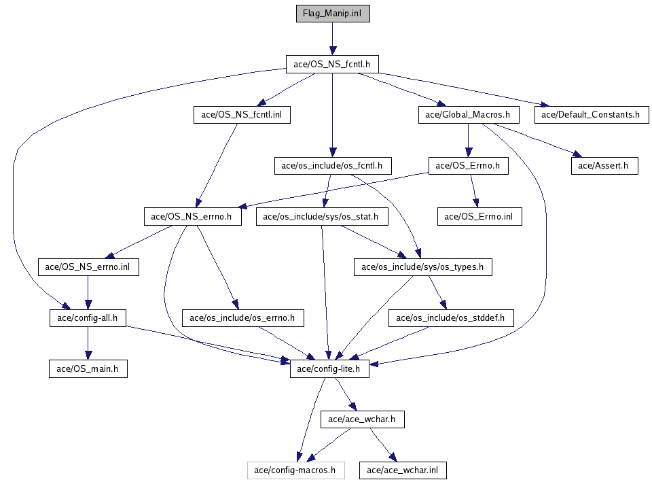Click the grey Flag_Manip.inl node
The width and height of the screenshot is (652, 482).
(332, 14)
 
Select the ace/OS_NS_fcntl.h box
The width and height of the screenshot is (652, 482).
(332, 65)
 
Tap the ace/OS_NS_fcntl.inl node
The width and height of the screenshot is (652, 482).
(242, 115)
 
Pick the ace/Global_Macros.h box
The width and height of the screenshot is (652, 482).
(468, 115)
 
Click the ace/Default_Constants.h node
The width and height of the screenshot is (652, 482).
(591, 115)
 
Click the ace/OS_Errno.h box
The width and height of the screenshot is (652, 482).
(468, 165)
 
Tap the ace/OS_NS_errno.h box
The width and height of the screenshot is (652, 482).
(192, 217)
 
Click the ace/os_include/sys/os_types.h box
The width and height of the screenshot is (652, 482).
(422, 267)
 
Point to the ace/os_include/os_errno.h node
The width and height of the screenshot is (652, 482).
(242, 317)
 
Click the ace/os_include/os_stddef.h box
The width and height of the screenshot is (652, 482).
(451, 317)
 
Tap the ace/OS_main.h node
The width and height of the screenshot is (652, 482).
(88, 368)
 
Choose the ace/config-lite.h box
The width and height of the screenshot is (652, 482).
(329, 368)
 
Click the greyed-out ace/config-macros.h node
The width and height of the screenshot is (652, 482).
(295, 470)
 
